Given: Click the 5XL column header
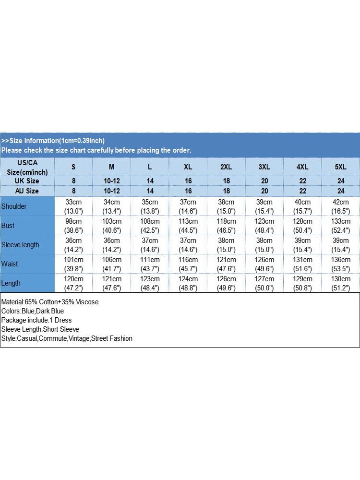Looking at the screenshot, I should point(340,167).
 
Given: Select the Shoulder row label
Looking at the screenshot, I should point(14,206).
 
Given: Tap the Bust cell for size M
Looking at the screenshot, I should point(112,226).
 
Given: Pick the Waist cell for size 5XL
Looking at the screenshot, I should point(340,264).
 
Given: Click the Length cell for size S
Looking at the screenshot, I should point(73,283).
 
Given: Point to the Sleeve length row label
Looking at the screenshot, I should point(20,245).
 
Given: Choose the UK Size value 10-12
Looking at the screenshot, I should point(112,181).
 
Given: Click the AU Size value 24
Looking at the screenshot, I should point(340,191).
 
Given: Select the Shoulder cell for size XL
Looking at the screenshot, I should point(188,206).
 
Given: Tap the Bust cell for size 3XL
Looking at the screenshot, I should point(264,226).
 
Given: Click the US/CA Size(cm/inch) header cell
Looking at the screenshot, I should point(27,167).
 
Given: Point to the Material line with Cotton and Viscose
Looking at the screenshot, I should point(50,302).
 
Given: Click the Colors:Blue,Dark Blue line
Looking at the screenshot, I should point(33,311).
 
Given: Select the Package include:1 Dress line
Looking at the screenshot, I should point(36,320).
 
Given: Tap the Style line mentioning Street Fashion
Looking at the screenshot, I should point(67,338).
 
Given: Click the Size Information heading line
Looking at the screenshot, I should point(53,141).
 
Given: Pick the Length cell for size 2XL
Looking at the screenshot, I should point(226,283).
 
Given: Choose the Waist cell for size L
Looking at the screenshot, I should point(150,264).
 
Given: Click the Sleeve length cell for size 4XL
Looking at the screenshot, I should point(302,245).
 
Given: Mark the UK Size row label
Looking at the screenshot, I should point(27,181).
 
